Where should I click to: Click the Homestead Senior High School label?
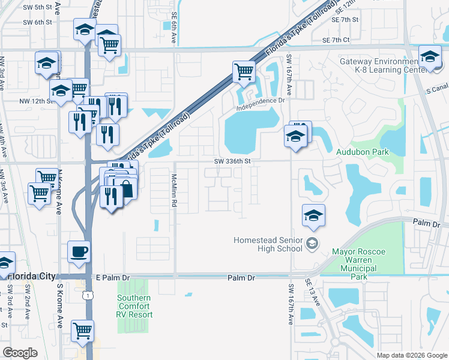pos(269,244)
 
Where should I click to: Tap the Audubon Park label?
pos(362,152)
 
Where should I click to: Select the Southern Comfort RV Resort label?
pos(134,306)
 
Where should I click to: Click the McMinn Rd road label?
pos(173,191)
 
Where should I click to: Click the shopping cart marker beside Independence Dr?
pos(244,71)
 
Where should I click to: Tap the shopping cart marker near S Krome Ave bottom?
pos(82,329)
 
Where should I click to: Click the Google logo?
pos(20,353)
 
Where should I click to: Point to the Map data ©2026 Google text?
pos(412,355)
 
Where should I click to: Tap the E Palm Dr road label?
pos(112,278)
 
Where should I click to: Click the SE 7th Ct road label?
pos(336,40)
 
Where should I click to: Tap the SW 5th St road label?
pos(38,7)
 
